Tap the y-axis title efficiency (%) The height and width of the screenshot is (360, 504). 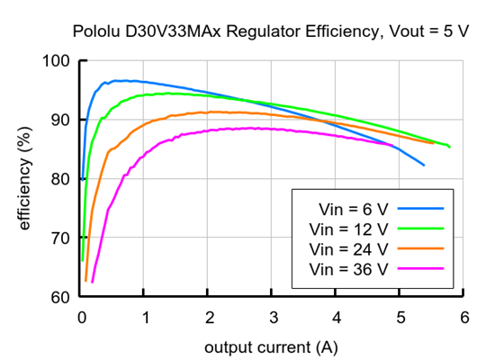coord(24,179)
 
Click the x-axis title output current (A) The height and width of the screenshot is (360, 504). coord(272,346)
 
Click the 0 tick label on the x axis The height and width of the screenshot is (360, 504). coord(81,317)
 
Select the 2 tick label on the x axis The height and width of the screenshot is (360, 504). coord(209,317)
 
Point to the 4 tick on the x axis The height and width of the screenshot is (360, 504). coord(336,317)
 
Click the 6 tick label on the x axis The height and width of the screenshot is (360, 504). coord(463,317)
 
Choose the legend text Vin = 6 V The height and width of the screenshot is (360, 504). coord(345,208)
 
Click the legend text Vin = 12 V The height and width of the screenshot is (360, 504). coord(348,228)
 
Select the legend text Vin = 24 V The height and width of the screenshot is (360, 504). coord(348,247)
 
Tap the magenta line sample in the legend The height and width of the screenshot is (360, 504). coord(421,267)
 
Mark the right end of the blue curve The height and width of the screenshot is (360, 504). coord(424,165)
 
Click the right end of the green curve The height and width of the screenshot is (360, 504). coord(449,147)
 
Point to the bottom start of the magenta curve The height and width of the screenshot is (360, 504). coord(92,282)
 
